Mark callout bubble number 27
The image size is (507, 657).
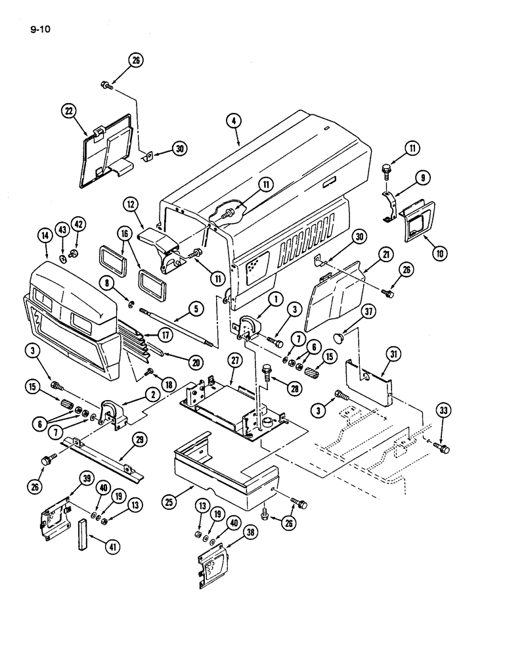[234, 360]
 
